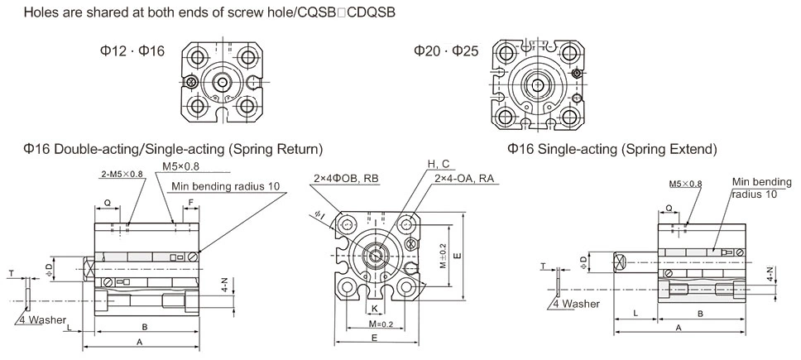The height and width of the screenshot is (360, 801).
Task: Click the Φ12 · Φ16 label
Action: coord(132,51)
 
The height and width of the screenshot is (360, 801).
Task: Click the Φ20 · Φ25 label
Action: coord(447,51)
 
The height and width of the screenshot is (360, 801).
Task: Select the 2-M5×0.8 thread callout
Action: coord(122,174)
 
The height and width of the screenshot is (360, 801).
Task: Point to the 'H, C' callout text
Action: coord(439,162)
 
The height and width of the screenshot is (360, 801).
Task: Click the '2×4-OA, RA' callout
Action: coord(464,178)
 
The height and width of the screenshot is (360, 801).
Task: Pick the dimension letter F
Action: coord(191,201)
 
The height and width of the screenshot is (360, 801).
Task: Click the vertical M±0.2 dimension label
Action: coord(444,257)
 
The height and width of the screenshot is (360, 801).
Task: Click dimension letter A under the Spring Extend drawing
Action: coord(679,328)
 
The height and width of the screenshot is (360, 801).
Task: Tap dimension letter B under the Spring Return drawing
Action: coord(145,325)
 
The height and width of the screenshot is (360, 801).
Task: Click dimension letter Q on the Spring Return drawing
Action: coord(107,201)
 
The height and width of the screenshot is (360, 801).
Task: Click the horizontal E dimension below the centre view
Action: coord(375,338)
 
